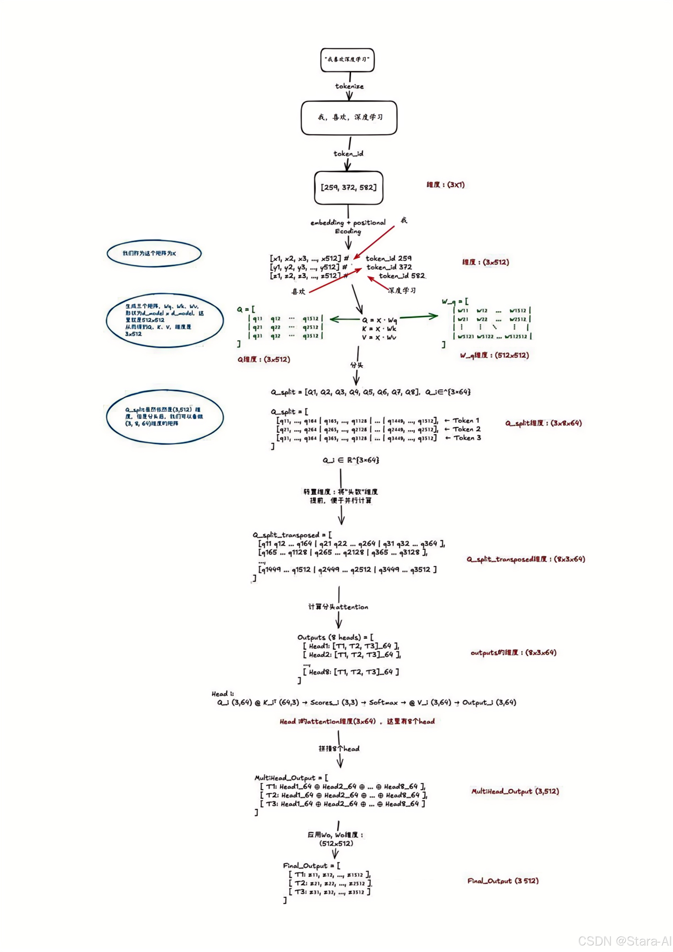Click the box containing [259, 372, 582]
(x=348, y=188)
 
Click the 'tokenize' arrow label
(x=349, y=86)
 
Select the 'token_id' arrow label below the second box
(x=348, y=153)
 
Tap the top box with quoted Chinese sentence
(x=347, y=60)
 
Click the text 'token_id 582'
(x=401, y=276)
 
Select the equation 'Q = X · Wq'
(x=379, y=320)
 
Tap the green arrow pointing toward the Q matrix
(x=344, y=319)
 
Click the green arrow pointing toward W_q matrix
(x=419, y=317)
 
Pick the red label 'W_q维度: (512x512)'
(x=494, y=355)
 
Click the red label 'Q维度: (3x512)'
(x=264, y=360)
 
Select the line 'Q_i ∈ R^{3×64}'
(x=351, y=460)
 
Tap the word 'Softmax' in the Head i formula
(x=383, y=702)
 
